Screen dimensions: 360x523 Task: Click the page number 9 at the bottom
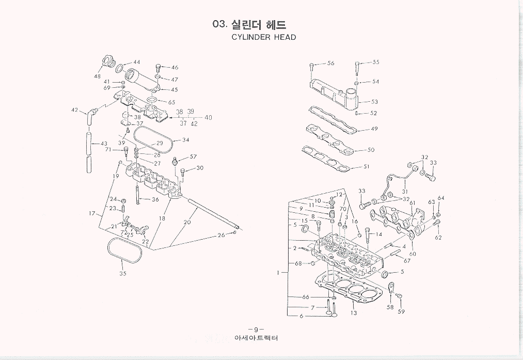click(x=256, y=330)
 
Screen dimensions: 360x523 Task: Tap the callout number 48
click(x=97, y=76)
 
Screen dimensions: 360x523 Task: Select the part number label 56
click(x=330, y=63)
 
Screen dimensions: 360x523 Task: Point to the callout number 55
click(x=375, y=62)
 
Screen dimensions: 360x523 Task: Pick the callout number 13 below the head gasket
click(x=353, y=313)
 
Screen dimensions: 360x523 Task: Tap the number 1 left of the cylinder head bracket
click(x=278, y=272)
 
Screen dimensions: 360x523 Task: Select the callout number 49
click(x=374, y=129)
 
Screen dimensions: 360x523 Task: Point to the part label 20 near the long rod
click(x=187, y=222)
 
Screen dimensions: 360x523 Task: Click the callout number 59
click(x=401, y=311)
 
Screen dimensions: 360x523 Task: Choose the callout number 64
click(x=440, y=198)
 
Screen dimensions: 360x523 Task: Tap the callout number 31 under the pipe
click(x=405, y=192)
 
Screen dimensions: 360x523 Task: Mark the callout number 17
click(x=92, y=213)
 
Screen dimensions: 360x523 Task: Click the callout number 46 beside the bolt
click(x=175, y=68)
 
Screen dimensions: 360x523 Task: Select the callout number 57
click(x=193, y=156)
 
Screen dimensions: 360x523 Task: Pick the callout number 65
click(x=171, y=103)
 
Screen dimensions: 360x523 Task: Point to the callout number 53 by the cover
click(x=374, y=102)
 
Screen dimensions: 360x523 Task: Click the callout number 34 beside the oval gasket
click(x=185, y=140)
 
